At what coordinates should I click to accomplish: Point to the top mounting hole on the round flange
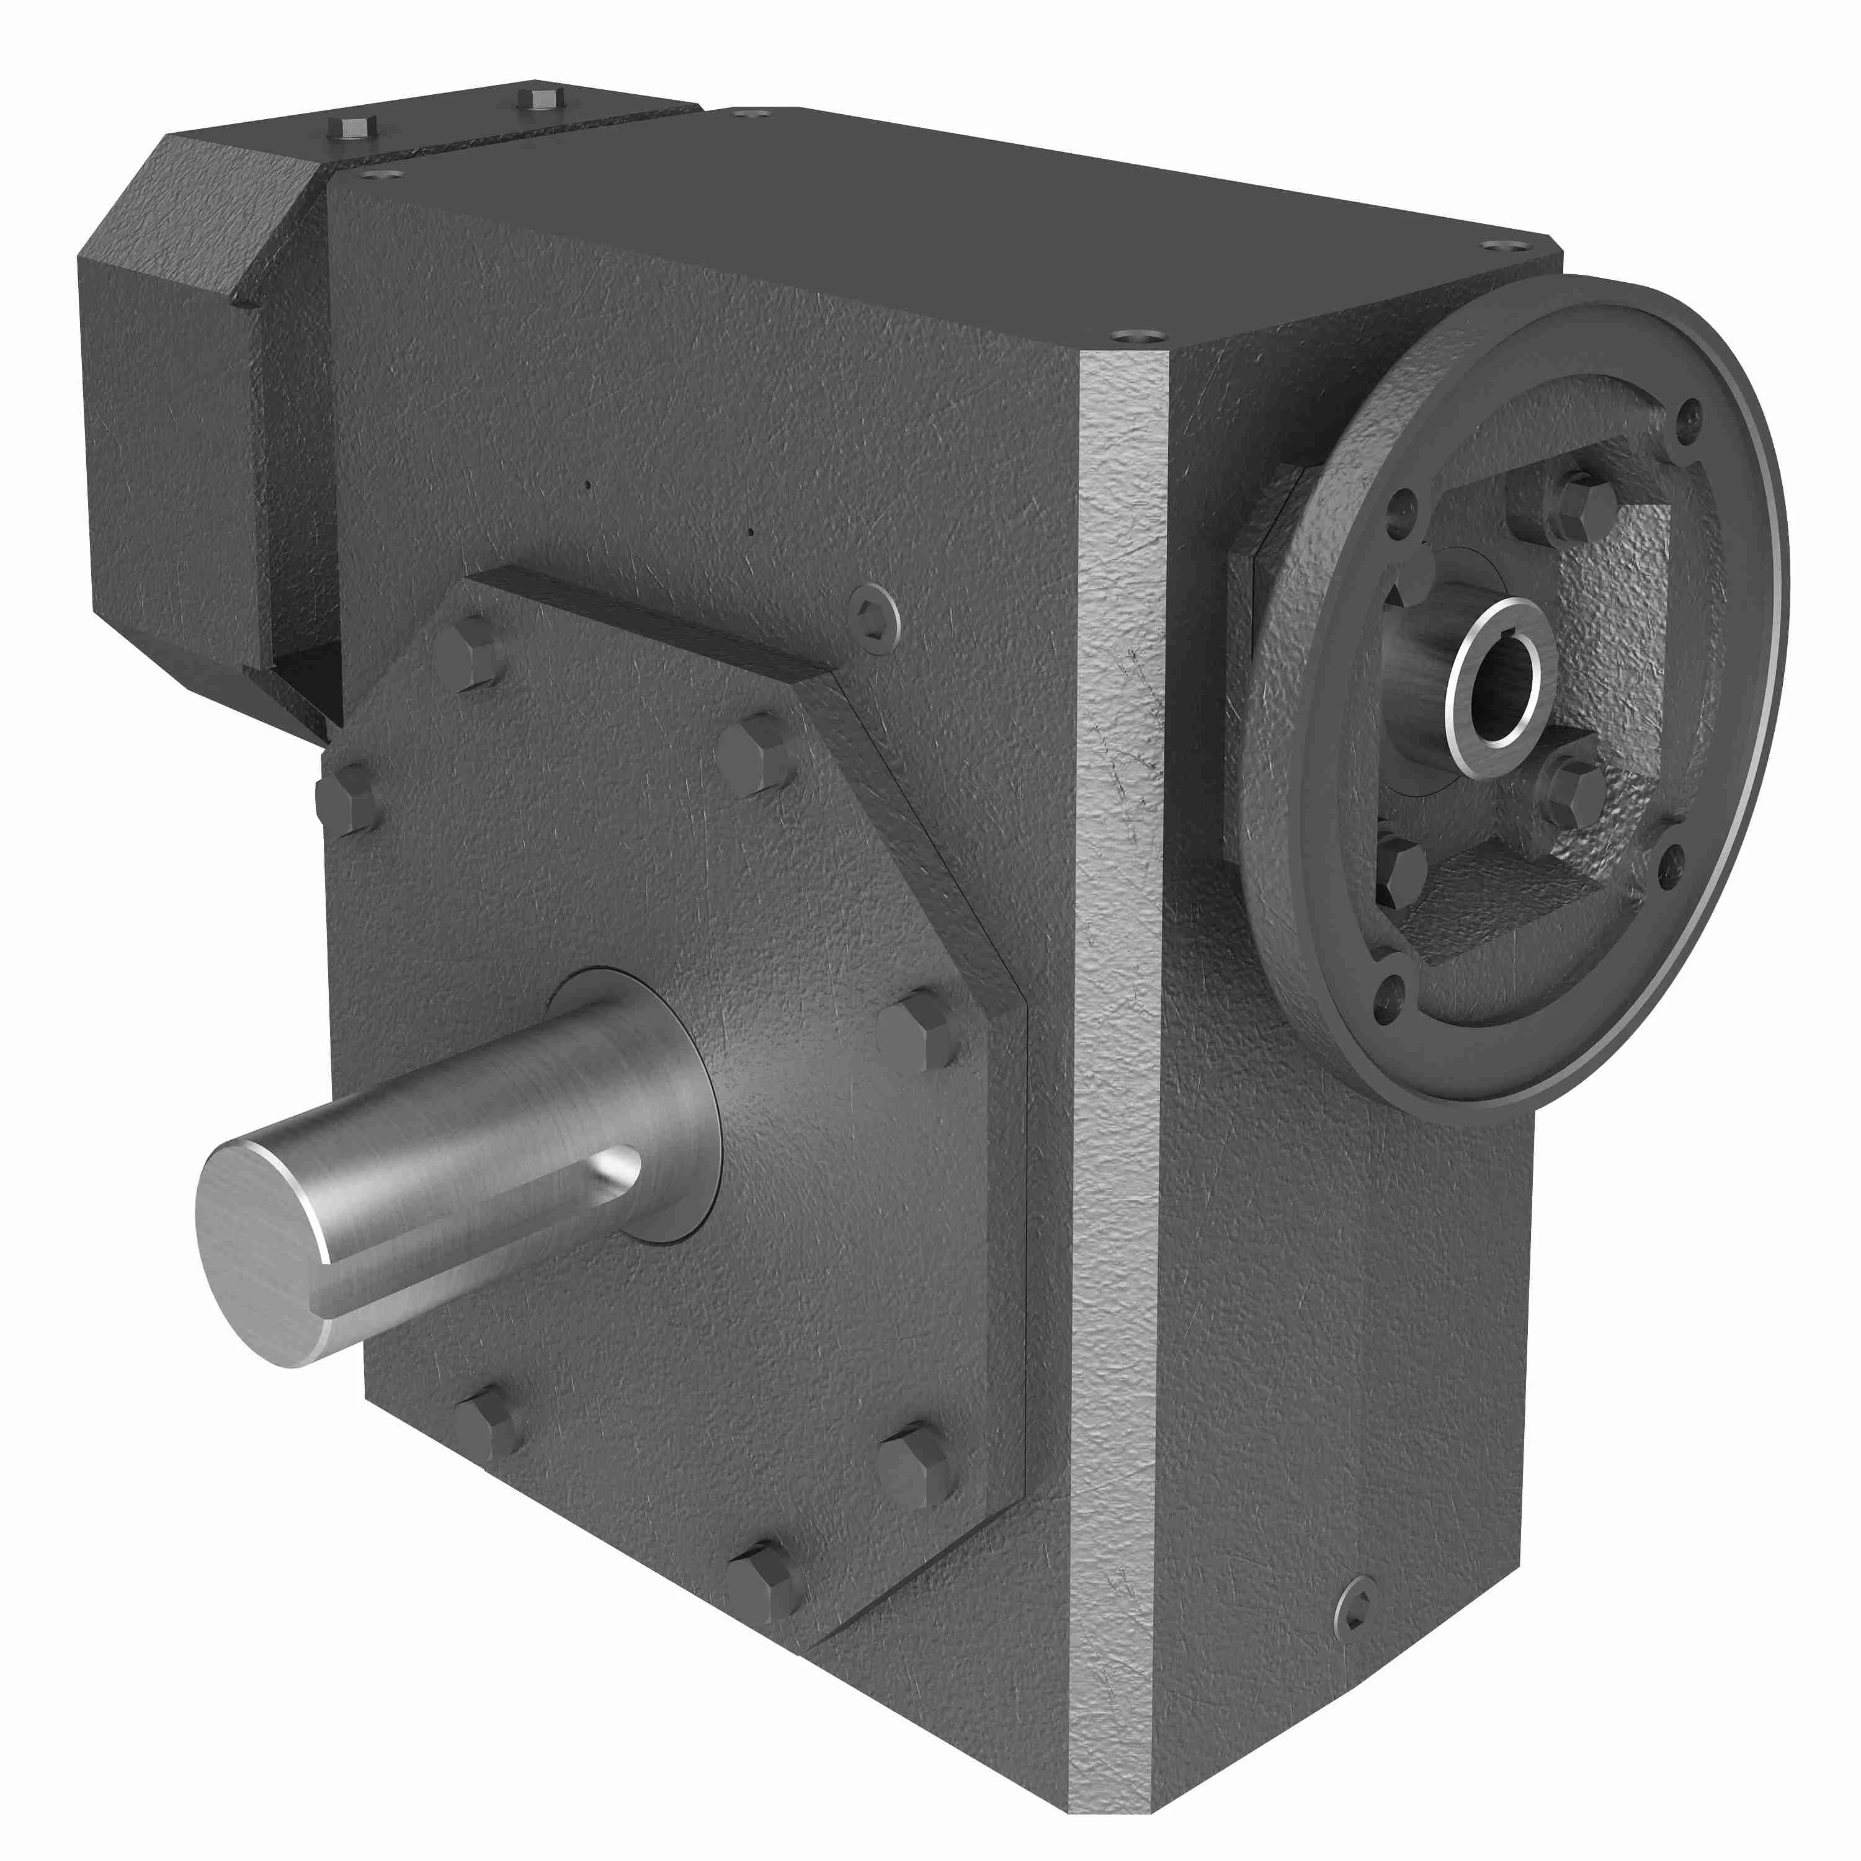tap(1685, 417)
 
